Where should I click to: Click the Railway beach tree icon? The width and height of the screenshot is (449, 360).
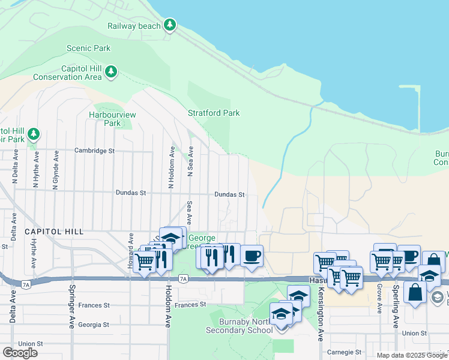pos(170,25)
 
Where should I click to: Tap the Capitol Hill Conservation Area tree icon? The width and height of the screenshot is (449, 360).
pos(110,72)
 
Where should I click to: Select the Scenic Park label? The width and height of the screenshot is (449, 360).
pos(89,48)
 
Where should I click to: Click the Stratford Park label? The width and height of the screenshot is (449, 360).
pos(214,113)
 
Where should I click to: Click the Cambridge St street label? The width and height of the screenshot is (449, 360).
pos(94,151)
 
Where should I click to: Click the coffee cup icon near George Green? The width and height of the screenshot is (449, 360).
pos(252,255)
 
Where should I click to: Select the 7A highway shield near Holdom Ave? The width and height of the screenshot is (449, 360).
pos(184,278)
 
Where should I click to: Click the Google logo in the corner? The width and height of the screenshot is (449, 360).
pos(20,353)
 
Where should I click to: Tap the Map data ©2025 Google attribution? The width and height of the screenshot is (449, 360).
pos(411,355)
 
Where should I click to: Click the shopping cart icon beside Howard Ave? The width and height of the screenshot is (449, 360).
pos(145,262)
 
